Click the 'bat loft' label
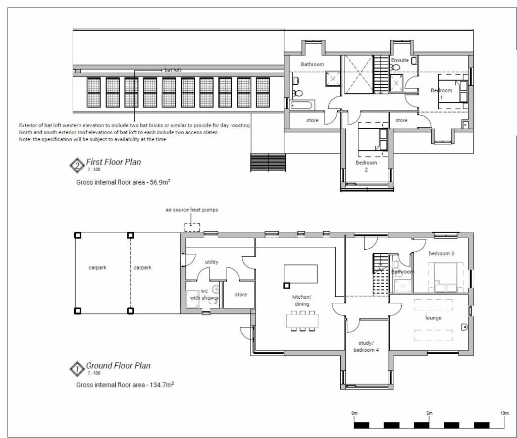pos(173,70)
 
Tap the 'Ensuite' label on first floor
pos(400,61)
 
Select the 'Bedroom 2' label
pos(366,166)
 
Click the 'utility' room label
pos(212,262)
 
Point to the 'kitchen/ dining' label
pos(302,300)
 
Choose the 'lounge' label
pos(433,318)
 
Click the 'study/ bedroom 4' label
pos(366,346)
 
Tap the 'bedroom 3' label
pos(441,253)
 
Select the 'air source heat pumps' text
pos(191,209)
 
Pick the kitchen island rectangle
pos(301,274)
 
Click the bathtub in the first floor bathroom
pos(301,105)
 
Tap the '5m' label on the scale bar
pos(429,413)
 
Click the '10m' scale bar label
pos(504,413)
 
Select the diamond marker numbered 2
pos(77,166)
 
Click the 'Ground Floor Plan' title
pos(118,366)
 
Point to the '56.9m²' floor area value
pos(160,182)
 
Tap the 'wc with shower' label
pos(204,294)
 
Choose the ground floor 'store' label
pos(241,295)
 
